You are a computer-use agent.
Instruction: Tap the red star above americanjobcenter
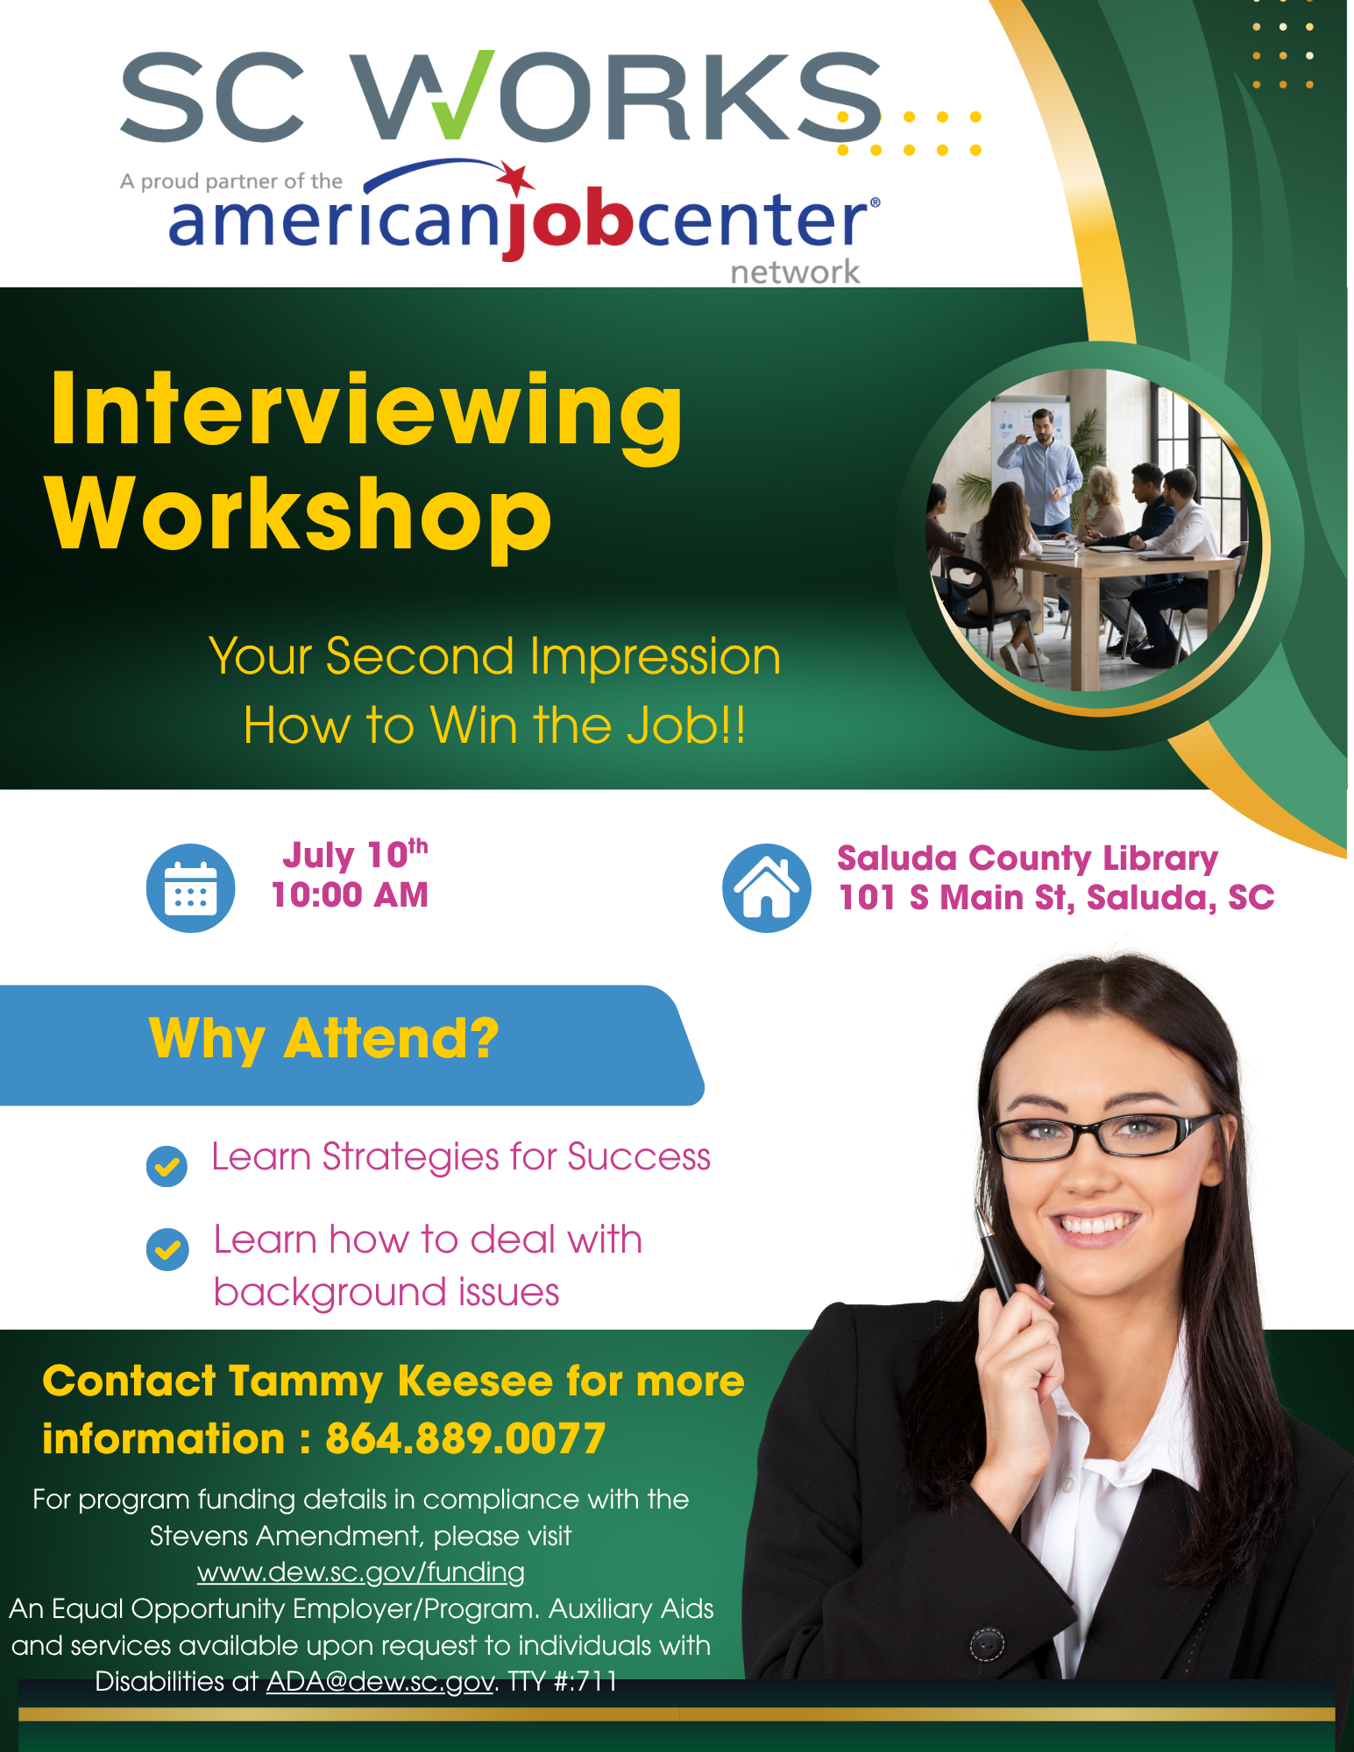(515, 179)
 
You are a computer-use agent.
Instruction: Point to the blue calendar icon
(190, 887)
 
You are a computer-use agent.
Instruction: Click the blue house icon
(767, 887)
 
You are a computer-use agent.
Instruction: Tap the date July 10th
(355, 854)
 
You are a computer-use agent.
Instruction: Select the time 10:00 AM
(350, 895)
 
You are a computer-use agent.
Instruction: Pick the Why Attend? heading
(323, 1040)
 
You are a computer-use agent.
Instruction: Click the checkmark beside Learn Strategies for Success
(167, 1166)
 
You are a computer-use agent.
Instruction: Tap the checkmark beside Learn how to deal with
(167, 1249)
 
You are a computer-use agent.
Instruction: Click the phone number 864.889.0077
(465, 1438)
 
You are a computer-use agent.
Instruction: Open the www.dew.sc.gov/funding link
(360, 1572)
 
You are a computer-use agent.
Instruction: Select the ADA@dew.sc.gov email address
(379, 1682)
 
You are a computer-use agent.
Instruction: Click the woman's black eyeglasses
(1106, 1135)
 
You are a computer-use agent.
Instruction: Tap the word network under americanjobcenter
(796, 272)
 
